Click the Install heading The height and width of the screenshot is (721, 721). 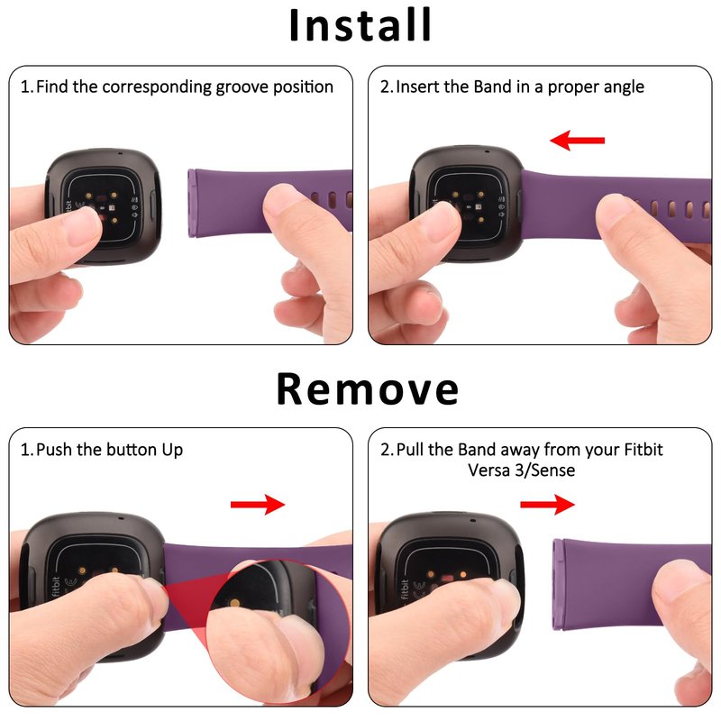click(360, 25)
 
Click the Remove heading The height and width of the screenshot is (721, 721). click(368, 389)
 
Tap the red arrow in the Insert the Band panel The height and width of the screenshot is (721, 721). click(577, 140)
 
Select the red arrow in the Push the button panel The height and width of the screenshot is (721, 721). click(258, 505)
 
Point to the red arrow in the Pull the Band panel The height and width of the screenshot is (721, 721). click(547, 505)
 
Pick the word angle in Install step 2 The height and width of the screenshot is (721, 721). click(624, 87)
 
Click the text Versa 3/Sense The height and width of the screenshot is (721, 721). click(522, 470)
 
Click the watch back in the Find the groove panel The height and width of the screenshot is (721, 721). click(104, 205)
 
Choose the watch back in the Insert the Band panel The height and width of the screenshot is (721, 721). click(466, 204)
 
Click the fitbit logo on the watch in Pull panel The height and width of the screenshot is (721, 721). click(404, 589)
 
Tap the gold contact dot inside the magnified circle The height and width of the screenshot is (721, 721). click(235, 603)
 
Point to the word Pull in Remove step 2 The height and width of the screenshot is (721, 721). click(409, 449)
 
